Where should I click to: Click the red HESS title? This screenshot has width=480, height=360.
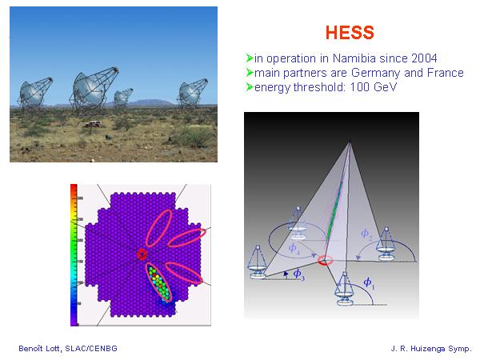pyautogui.click(x=350, y=33)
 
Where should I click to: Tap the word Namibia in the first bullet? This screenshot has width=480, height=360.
pyautogui.click(x=354, y=58)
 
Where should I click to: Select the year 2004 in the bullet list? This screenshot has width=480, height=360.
pyautogui.click(x=424, y=58)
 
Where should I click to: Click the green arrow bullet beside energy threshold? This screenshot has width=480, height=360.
pyautogui.click(x=250, y=87)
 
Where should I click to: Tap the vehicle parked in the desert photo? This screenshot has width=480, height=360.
pyautogui.click(x=92, y=124)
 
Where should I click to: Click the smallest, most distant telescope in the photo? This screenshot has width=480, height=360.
pyautogui.click(x=123, y=97)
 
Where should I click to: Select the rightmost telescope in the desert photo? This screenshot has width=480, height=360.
pyautogui.click(x=193, y=93)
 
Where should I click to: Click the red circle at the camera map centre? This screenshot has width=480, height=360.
pyautogui.click(x=142, y=254)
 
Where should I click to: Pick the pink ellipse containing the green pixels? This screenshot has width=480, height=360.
pyautogui.click(x=159, y=282)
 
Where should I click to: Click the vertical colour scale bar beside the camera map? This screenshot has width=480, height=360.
pyautogui.click(x=74, y=255)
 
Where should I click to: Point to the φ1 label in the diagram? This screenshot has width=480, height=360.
pyautogui.click(x=369, y=283)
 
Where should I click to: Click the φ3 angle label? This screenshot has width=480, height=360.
pyautogui.click(x=298, y=274)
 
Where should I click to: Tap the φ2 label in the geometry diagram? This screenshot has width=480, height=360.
pyautogui.click(x=366, y=234)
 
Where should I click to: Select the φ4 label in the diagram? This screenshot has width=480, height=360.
pyautogui.click(x=294, y=248)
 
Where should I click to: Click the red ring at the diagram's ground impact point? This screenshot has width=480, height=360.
pyautogui.click(x=325, y=261)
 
